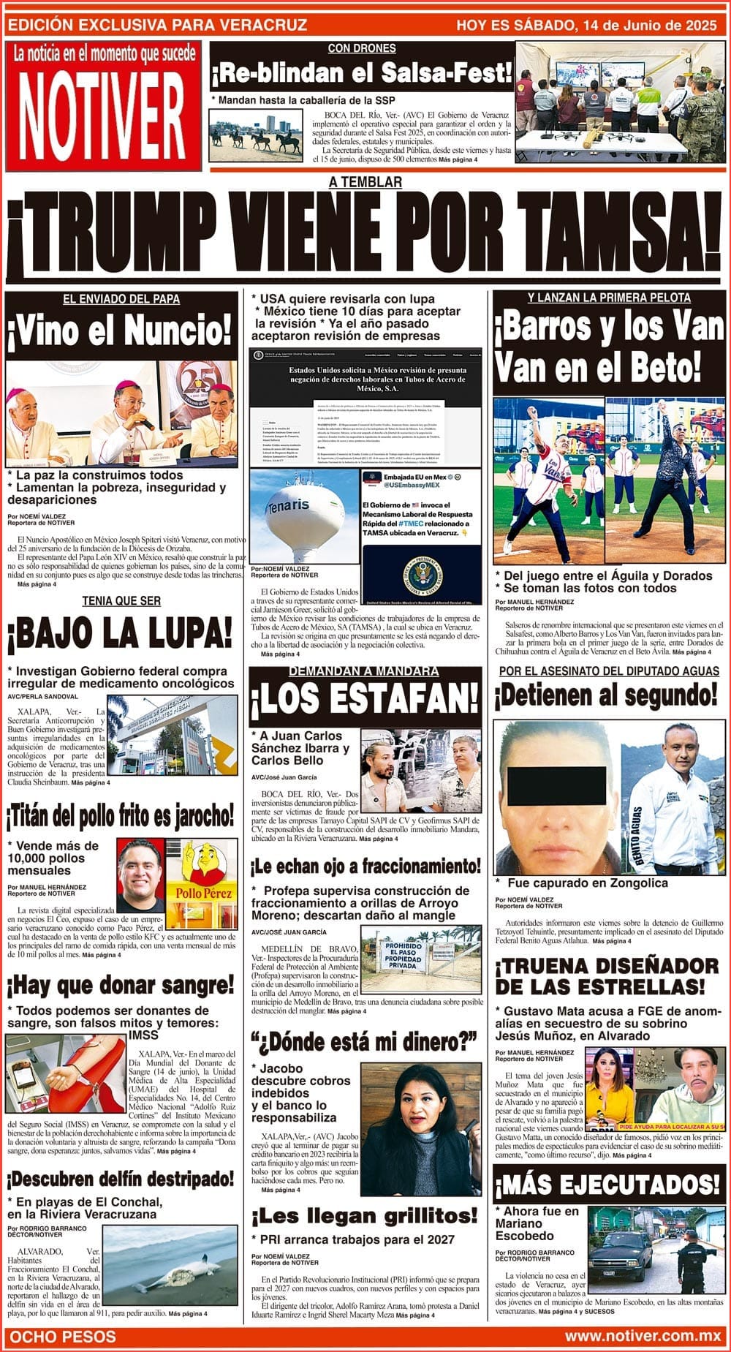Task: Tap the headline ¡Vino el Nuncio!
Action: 120,331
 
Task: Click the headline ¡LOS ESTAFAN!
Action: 365,700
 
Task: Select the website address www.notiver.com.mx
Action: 643,1336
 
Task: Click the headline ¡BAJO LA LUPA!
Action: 120,635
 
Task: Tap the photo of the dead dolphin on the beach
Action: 170,1265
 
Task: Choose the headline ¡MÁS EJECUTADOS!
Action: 607,1185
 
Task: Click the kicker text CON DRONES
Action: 362,48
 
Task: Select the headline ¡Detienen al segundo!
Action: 606,695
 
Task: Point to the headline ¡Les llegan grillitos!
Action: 365,1216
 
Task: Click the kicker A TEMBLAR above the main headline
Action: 365,182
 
